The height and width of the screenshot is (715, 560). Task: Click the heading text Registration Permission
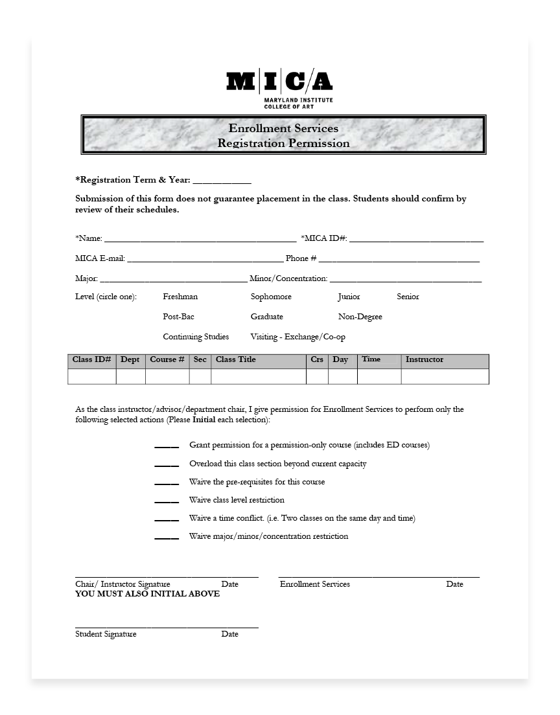[x=283, y=143]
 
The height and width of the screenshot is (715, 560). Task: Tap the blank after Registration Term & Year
[x=222, y=181]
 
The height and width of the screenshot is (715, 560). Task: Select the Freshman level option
[x=180, y=297]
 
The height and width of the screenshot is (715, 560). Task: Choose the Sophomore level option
[x=271, y=297]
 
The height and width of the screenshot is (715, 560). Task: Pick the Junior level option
[x=349, y=297]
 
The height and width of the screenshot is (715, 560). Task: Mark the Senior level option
[x=408, y=297]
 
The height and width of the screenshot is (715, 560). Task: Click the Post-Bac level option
[x=178, y=317]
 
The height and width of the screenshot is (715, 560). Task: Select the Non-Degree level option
[x=360, y=317]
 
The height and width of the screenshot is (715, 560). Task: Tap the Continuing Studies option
[x=196, y=337]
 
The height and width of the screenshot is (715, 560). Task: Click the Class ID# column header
[x=92, y=360]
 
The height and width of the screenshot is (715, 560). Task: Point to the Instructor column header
[x=425, y=360]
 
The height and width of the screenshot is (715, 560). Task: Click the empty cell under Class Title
[x=258, y=377]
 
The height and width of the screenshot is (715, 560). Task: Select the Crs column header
[x=317, y=360]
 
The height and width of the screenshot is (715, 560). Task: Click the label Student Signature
[x=106, y=634]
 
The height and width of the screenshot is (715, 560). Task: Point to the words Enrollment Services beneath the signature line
[x=314, y=584]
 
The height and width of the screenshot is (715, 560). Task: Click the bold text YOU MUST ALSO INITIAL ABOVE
[x=147, y=594]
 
